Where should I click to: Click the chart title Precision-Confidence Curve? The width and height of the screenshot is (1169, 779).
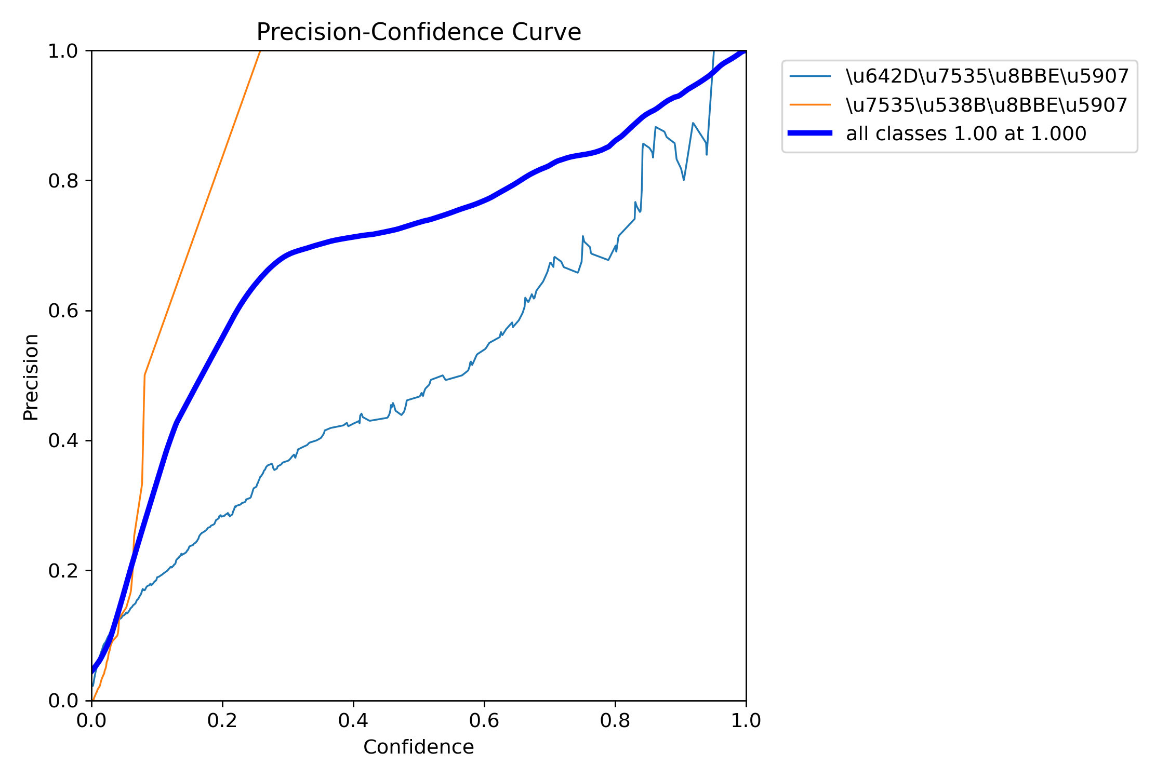(419, 32)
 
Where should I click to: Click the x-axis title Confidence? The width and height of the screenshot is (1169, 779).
(419, 747)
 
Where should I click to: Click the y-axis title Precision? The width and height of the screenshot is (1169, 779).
(31, 377)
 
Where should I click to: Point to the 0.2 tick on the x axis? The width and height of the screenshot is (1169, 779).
(222, 720)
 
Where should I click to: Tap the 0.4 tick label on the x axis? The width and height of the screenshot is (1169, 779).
(353, 720)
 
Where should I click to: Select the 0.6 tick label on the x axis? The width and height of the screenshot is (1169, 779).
(484, 720)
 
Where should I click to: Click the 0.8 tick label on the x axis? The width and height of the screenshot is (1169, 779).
(615, 720)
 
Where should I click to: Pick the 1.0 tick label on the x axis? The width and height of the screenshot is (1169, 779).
(746, 720)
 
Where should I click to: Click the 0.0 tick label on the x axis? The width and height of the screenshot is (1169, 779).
(91, 720)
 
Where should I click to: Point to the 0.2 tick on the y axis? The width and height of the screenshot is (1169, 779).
(63, 571)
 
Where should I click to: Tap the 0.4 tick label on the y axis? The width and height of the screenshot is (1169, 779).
(63, 441)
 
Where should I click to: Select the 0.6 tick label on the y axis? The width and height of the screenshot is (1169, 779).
(63, 311)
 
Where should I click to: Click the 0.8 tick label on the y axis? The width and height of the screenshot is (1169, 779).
(63, 181)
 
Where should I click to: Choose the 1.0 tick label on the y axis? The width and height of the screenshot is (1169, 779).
(63, 51)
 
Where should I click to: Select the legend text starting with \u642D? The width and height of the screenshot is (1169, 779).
(987, 76)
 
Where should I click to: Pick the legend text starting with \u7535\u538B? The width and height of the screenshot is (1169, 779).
(987, 105)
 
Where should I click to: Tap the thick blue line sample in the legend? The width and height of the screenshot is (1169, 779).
(810, 133)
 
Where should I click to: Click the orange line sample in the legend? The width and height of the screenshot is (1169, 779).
(810, 105)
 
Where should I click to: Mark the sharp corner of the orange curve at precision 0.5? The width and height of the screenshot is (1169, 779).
(144, 374)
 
